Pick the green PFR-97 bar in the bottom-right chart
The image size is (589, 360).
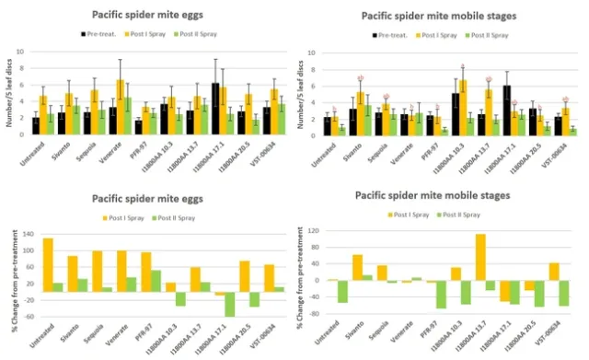tap(416, 295)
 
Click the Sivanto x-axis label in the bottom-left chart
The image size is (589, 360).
tap(67, 336)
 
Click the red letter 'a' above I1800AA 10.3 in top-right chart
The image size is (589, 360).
tap(463, 67)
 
